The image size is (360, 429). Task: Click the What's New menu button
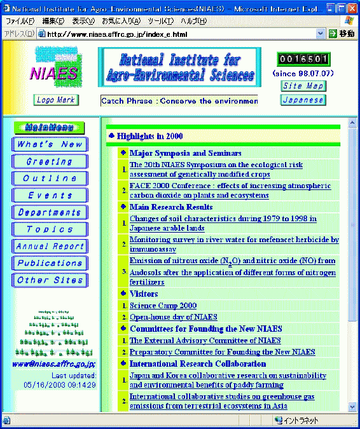pos(50,144)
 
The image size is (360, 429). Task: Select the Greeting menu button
pos(50,161)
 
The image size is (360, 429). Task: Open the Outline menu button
pos(50,179)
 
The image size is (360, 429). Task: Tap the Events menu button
pos(50,195)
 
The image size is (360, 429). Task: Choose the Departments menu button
pos(50,212)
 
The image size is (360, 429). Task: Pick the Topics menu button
pos(50,229)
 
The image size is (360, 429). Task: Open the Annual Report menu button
pos(50,246)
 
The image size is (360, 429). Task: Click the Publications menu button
pos(50,263)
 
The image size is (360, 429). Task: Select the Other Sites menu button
pos(50,280)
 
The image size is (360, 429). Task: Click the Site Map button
pos(303,86)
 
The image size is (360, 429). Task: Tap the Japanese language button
pos(303,100)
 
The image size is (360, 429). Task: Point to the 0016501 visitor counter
pos(304,60)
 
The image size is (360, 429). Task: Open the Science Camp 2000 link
pos(163,306)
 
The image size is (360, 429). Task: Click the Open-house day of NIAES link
pos(173,317)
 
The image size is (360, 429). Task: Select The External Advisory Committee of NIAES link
pos(205,341)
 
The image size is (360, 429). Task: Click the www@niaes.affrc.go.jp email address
pos(54,364)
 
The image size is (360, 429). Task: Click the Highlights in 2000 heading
pos(150,136)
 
